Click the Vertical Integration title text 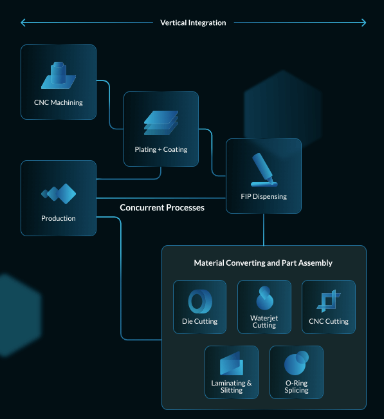click(x=193, y=23)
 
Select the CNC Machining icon click(x=59, y=75)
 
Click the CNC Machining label click(x=59, y=102)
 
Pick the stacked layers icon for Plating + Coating click(x=161, y=123)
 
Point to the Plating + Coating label click(x=161, y=149)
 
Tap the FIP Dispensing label click(x=264, y=196)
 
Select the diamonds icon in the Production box click(x=59, y=194)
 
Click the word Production click(x=59, y=218)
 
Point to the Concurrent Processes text click(x=162, y=208)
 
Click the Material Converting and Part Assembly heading click(x=263, y=263)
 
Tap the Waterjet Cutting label click(x=264, y=321)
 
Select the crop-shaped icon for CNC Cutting click(x=329, y=301)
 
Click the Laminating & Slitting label click(x=232, y=386)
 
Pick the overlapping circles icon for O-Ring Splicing click(x=297, y=363)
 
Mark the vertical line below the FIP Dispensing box click(x=264, y=230)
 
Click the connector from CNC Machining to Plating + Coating click(x=110, y=104)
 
